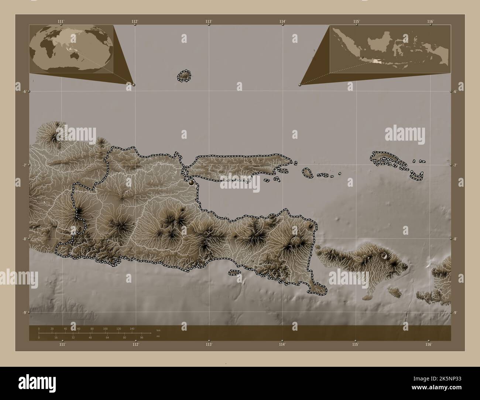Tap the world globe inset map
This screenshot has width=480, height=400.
[71, 49]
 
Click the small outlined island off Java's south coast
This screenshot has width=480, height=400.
[233, 273]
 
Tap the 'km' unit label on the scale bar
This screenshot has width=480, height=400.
[158, 330]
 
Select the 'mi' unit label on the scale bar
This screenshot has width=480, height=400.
[158, 337]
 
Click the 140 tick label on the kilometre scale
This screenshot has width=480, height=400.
[132, 328]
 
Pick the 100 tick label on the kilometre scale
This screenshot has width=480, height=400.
[105, 328]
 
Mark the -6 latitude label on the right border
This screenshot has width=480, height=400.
[456, 92]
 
